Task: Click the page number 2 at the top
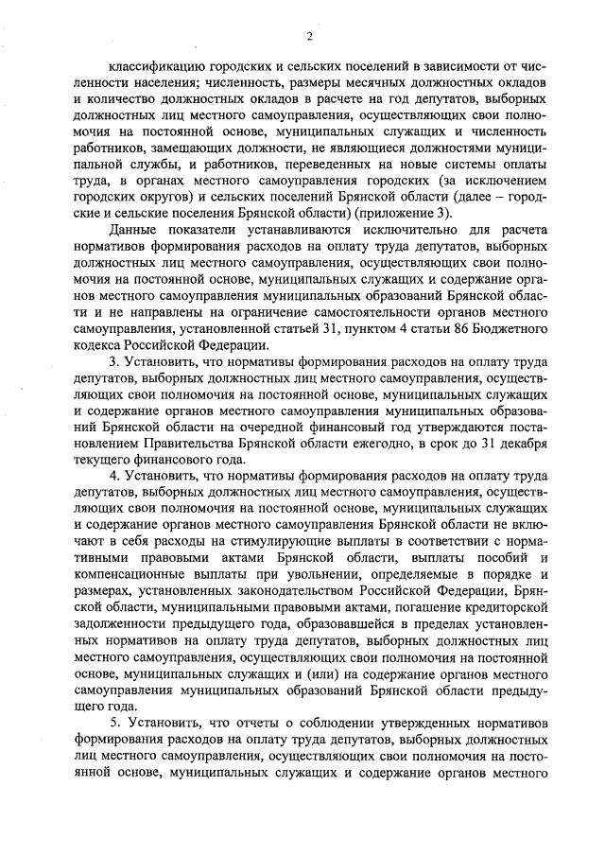click(x=309, y=37)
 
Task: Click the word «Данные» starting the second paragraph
click(x=132, y=232)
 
